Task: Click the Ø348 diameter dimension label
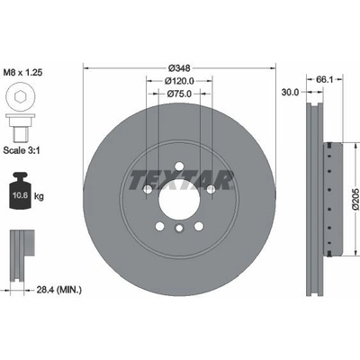pos(179,68)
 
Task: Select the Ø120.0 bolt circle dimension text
pos(179,81)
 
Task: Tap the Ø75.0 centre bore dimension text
pos(179,94)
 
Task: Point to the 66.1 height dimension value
pos(325,79)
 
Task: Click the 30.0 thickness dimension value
pos(290,92)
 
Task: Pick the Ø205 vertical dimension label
pos(355,199)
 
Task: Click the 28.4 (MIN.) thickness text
pos(58,290)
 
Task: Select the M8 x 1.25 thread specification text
pos(22,72)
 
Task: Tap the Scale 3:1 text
pos(22,150)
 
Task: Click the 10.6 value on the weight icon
pos(20,195)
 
